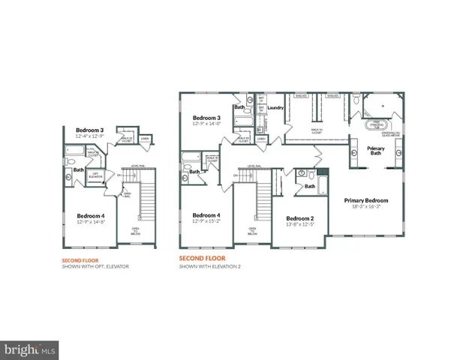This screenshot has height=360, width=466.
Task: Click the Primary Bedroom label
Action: coord(366,200)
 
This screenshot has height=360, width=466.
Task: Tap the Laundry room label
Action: coord(274,108)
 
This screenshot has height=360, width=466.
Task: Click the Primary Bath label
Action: coord(375,151)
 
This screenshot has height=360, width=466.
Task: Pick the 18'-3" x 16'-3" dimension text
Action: coord(366,207)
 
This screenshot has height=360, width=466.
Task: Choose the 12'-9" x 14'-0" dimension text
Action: coord(206,124)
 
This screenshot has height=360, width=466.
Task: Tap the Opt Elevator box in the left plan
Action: coord(95,175)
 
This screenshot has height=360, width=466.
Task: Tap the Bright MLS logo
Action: coord(29,349)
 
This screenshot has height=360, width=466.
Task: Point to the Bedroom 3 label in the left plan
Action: coord(89,130)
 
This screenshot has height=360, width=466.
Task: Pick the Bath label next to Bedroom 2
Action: coord(309,186)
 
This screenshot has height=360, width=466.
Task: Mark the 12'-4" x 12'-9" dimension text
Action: coord(89,136)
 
